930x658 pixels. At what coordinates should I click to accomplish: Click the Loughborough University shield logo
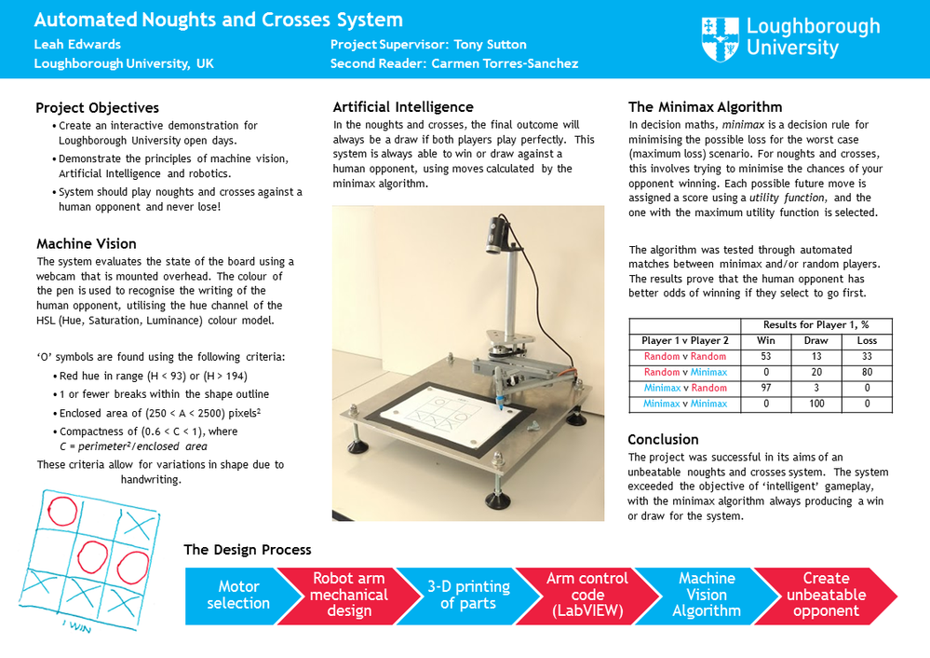coord(720,38)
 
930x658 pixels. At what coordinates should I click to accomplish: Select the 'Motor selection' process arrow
coord(237,595)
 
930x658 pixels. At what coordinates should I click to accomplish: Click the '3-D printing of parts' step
coord(468,595)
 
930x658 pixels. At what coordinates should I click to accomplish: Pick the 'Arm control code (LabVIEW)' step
coord(587,595)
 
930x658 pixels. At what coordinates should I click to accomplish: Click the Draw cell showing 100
coord(815,404)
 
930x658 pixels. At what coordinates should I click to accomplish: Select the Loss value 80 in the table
coord(867,372)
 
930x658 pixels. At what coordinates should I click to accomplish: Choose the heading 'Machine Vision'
coord(86,244)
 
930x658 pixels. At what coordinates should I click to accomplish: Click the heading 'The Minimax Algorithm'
coord(705,107)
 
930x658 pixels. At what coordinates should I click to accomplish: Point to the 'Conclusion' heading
coord(663,439)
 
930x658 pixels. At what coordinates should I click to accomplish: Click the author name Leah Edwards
coord(77,44)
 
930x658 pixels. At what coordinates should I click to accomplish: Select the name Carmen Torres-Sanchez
coord(505,63)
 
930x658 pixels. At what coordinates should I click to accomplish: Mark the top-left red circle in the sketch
coord(62,510)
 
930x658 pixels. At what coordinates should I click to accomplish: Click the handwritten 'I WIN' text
coord(76,627)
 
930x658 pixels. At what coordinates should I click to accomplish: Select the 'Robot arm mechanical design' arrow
coord(349,595)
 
